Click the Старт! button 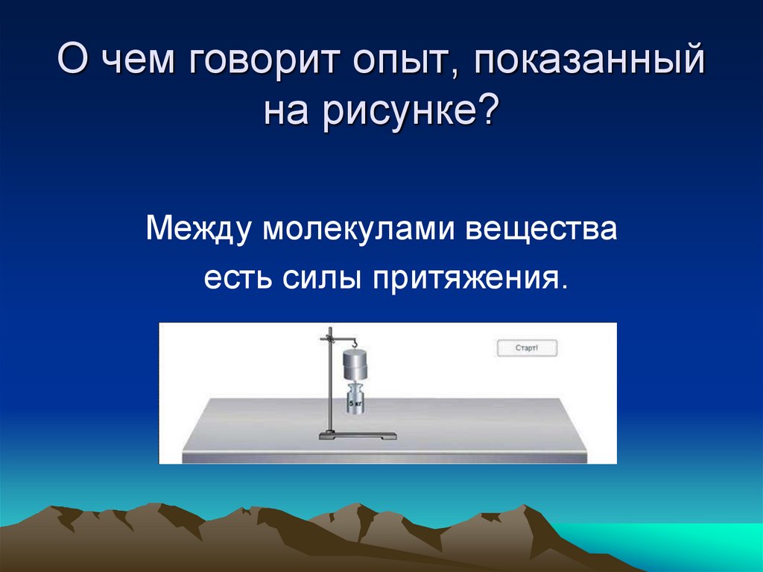click(x=527, y=348)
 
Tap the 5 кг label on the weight click(x=355, y=403)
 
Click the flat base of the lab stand click(x=358, y=436)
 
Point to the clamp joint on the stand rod click(x=326, y=340)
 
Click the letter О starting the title click(x=72, y=60)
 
